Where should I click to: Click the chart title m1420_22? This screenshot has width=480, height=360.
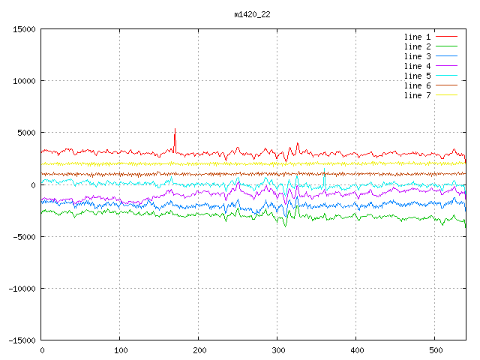pyautogui.click(x=252, y=14)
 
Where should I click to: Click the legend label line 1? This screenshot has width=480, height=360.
pyautogui.click(x=418, y=37)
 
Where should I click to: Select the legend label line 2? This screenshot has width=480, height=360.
pyautogui.click(x=418, y=46)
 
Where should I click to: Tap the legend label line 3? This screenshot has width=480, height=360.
pyautogui.click(x=418, y=56)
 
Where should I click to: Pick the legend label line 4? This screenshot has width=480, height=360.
pyautogui.click(x=418, y=66)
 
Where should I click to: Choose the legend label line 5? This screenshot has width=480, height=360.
pyautogui.click(x=418, y=76)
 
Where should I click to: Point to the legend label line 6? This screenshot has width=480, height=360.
pyautogui.click(x=418, y=85)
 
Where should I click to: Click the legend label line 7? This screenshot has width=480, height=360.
pyautogui.click(x=418, y=95)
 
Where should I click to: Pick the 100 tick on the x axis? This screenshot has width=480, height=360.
pyautogui.click(x=120, y=349)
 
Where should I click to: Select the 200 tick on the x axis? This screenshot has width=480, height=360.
pyautogui.click(x=199, y=349)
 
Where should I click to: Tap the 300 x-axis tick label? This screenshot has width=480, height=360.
pyautogui.click(x=277, y=349)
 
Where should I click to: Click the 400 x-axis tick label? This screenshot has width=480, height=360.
pyautogui.click(x=356, y=349)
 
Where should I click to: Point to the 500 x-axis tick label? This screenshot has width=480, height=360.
pyautogui.click(x=435, y=349)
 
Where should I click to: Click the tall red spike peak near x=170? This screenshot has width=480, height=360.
pyautogui.click(x=175, y=128)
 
